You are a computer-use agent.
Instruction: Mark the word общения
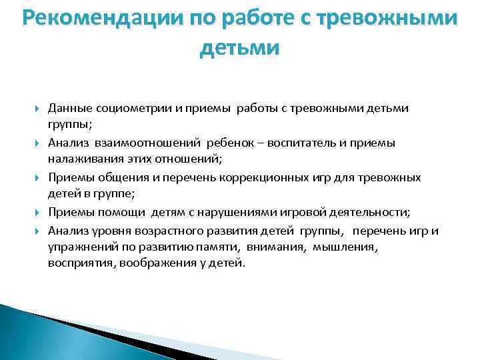tap(115, 177)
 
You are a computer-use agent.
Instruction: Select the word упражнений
tap(77, 247)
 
